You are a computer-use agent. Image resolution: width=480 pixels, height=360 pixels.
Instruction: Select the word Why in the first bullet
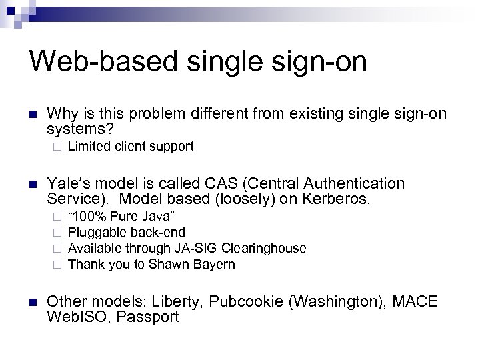tap(61, 115)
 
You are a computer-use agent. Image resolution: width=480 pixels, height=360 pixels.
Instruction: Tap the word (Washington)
tap(334, 302)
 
